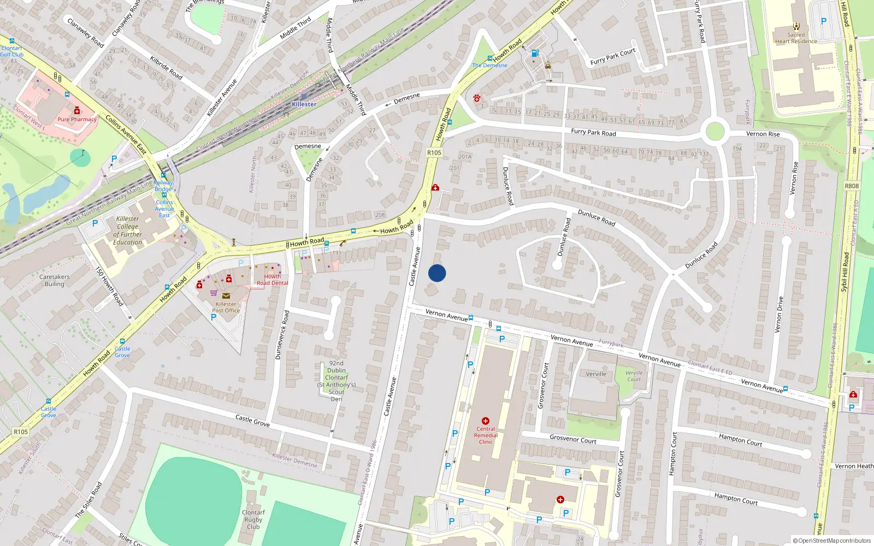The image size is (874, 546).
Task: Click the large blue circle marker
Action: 437,273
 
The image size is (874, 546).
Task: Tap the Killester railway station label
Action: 304,104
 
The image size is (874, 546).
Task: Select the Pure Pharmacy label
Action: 77,119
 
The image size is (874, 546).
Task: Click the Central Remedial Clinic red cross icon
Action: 485,421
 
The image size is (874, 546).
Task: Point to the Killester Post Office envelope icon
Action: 226,296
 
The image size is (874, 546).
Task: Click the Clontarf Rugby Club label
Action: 253,519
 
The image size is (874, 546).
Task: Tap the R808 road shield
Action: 852,186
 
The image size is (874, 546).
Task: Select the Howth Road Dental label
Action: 272,280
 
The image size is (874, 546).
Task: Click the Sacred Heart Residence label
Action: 796,38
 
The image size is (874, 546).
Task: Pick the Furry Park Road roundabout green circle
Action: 714,132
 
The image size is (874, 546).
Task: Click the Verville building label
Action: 596,374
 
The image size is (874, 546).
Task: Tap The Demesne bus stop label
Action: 489,65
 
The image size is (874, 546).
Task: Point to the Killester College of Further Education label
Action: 128,230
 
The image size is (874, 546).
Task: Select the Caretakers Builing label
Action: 55,280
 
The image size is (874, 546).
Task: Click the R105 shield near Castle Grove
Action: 21,431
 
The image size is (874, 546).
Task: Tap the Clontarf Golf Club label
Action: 11,51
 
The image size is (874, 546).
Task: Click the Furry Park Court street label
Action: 613,56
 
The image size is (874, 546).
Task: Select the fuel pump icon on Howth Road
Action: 535,53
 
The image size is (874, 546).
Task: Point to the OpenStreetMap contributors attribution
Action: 832,541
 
